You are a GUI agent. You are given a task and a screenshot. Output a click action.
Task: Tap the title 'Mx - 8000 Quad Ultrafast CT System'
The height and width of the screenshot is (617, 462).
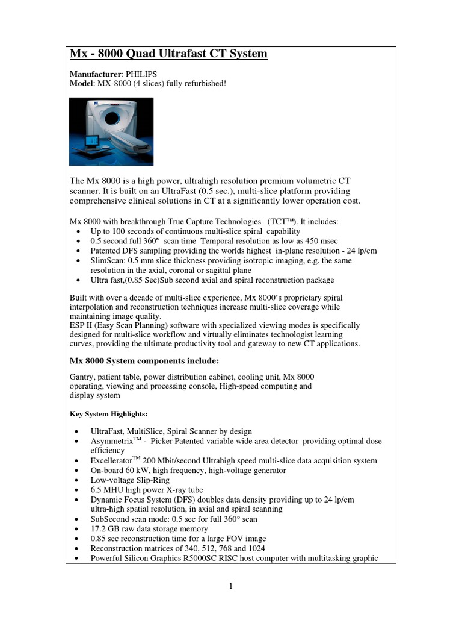click(x=168, y=54)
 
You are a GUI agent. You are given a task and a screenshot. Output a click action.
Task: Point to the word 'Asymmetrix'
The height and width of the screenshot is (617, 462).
click(x=112, y=442)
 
